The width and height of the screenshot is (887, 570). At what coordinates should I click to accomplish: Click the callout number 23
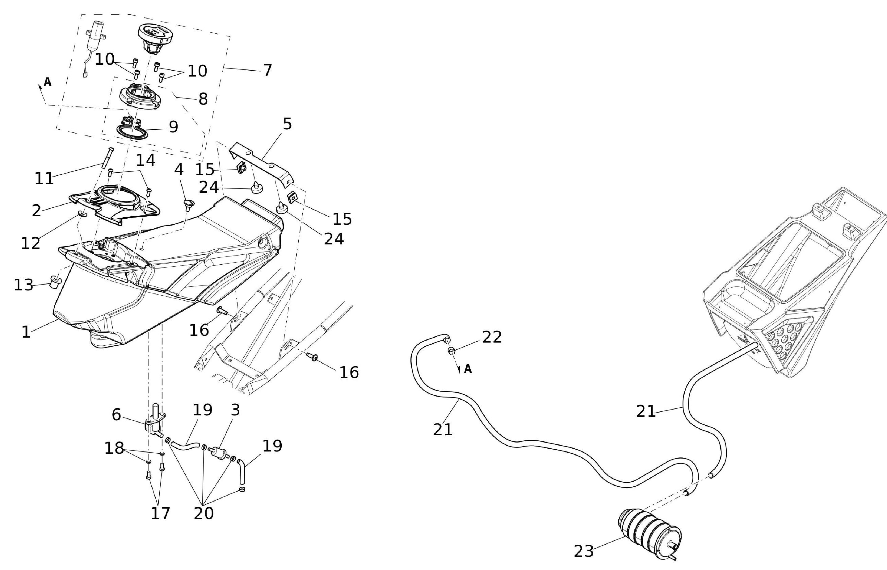(584, 551)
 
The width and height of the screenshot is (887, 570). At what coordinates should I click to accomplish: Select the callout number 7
(267, 70)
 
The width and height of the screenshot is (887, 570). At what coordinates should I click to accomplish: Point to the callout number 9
(173, 127)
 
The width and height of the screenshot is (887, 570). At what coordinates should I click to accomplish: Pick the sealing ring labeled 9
(132, 132)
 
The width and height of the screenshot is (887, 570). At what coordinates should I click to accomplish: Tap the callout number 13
(23, 285)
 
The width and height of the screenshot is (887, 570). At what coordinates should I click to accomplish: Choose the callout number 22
(492, 337)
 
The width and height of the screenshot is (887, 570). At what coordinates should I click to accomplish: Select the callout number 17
(160, 513)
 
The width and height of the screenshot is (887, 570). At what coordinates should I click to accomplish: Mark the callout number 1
(26, 332)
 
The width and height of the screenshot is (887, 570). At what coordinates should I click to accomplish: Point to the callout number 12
(30, 243)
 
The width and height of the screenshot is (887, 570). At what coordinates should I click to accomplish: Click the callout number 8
(203, 99)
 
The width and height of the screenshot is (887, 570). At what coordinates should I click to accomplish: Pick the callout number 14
(145, 160)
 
